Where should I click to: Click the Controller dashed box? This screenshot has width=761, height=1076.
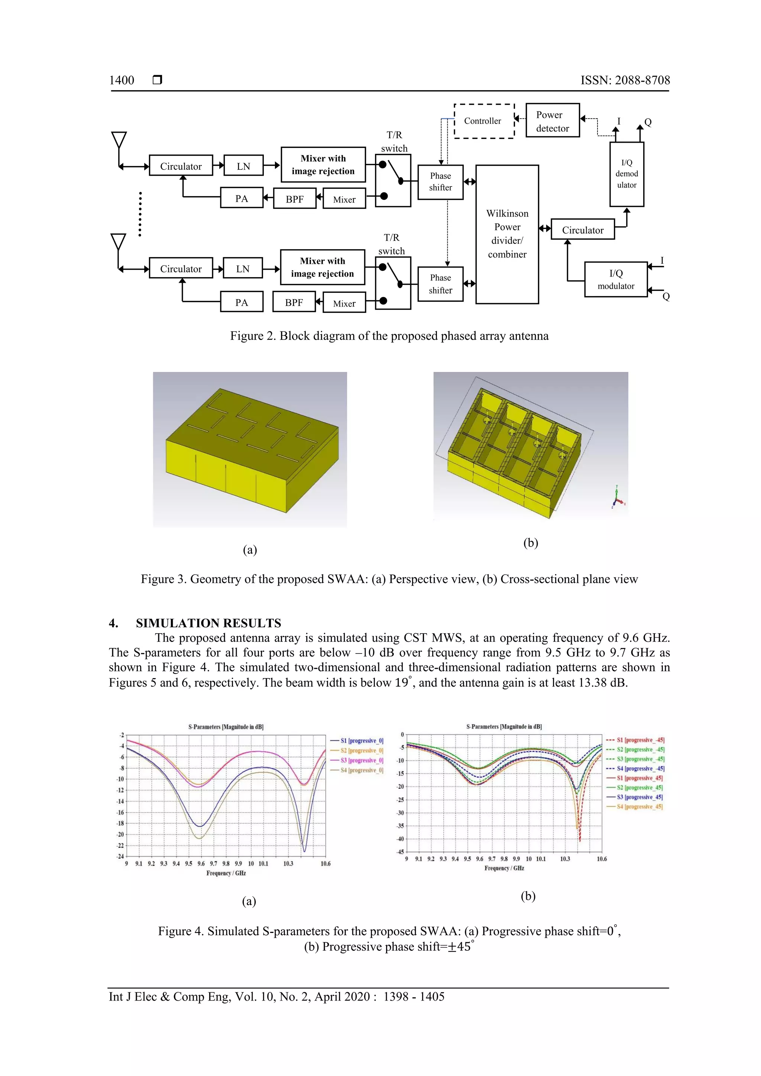[x=484, y=121]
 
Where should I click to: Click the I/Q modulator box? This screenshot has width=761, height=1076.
[x=616, y=279]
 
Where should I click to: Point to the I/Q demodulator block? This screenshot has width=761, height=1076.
[x=626, y=174]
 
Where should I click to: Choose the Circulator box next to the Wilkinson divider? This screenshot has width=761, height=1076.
[x=583, y=230]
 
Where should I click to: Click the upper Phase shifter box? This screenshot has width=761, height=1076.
[x=440, y=182]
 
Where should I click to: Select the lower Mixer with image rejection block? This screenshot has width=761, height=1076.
[x=323, y=267]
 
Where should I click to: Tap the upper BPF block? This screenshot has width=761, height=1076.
[x=294, y=199]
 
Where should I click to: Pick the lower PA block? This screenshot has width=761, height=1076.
[x=241, y=302]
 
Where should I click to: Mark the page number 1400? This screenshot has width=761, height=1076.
[x=122, y=80]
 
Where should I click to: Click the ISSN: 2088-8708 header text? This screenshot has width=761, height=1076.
[x=625, y=80]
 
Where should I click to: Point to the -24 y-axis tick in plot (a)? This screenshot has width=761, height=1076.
[x=120, y=856]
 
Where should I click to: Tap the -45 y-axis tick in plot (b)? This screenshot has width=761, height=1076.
[x=400, y=852]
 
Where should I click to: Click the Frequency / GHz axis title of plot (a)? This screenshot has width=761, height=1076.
[x=226, y=873]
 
